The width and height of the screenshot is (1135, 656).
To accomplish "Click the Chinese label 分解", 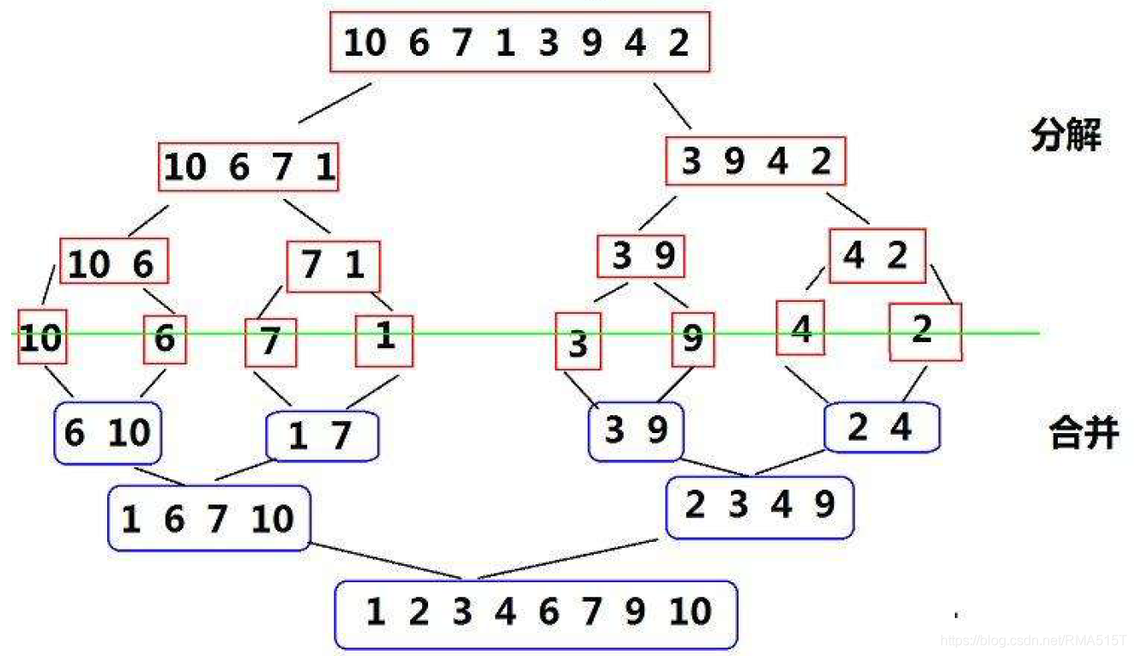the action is [1066, 135].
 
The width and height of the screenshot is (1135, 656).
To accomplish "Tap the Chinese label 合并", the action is [1084, 432].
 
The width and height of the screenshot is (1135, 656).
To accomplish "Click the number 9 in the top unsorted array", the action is [592, 43].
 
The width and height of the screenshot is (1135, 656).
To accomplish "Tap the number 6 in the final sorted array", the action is [549, 611].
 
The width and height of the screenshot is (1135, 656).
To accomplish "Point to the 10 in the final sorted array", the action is [690, 611].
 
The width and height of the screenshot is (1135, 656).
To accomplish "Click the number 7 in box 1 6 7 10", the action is [217, 520].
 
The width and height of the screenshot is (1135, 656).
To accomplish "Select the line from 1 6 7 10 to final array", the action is [385, 561].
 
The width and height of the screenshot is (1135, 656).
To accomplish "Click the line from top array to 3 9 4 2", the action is [673, 105].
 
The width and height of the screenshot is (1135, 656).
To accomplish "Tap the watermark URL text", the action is [1033, 641].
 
